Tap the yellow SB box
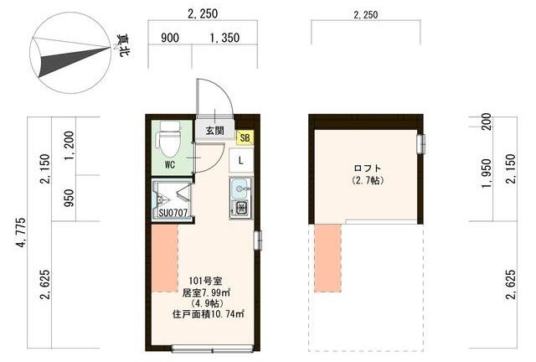[x=245, y=137]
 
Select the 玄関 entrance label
[x=214, y=131]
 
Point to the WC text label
[x=169, y=164]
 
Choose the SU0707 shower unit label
[x=172, y=213]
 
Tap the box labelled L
[x=241, y=159]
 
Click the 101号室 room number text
[x=204, y=281]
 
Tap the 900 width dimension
[x=169, y=38]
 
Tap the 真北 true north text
[x=122, y=45]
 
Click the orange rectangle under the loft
[x=328, y=257]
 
